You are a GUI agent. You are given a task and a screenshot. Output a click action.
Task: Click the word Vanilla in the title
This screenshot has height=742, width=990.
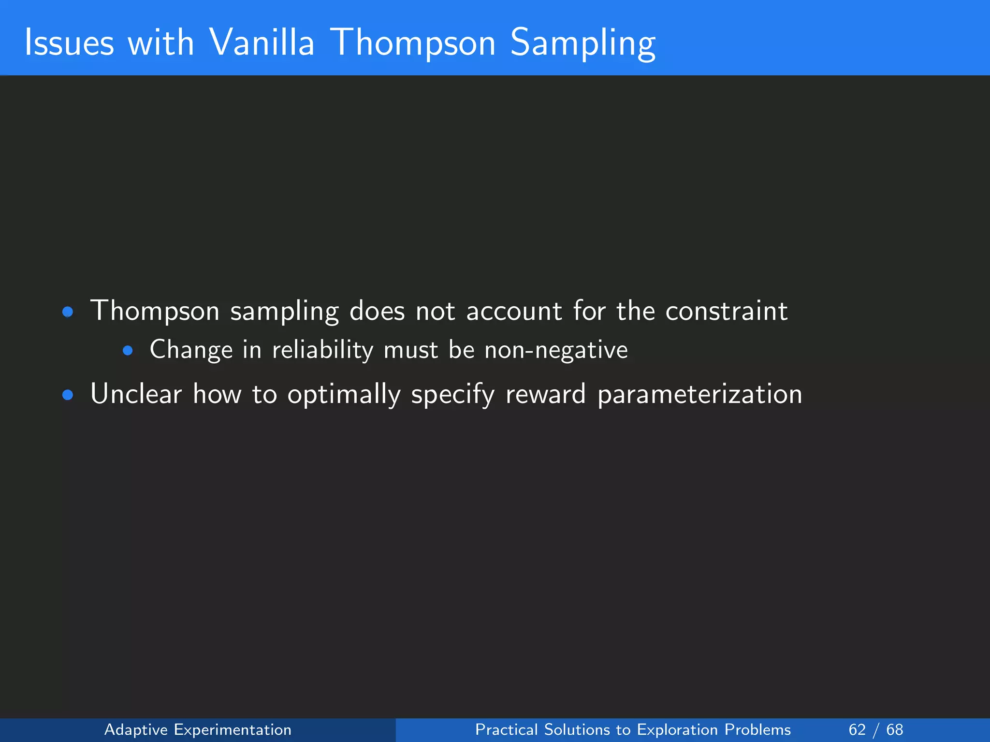(x=262, y=43)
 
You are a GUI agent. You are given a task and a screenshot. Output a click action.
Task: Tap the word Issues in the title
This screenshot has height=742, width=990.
(x=69, y=43)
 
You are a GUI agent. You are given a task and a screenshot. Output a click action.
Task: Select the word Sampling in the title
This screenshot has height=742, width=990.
(x=582, y=43)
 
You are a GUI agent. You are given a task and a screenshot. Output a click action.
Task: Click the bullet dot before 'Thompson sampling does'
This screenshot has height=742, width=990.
(x=68, y=312)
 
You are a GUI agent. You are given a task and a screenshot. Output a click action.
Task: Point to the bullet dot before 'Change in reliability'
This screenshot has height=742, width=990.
(x=128, y=351)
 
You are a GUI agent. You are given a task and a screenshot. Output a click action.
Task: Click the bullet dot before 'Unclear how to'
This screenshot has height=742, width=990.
(x=68, y=396)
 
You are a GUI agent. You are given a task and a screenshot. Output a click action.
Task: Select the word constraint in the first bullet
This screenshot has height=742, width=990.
(x=726, y=311)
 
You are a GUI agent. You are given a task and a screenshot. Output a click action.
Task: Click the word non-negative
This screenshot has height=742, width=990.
(x=556, y=350)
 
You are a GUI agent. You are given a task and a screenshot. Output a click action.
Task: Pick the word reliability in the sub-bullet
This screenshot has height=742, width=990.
(x=322, y=350)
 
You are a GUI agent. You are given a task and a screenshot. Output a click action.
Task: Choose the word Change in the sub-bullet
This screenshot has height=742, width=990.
(x=191, y=350)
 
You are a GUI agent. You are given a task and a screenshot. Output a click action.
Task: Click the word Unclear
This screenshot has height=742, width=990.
(x=136, y=394)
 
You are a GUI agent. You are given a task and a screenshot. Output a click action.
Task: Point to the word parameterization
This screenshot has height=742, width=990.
(x=699, y=395)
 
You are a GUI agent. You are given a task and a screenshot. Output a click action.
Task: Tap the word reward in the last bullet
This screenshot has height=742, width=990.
(x=545, y=394)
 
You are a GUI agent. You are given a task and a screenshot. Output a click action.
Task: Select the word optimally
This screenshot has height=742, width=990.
(x=344, y=395)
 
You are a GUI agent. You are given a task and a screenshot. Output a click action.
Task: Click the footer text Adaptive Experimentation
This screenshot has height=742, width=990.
(x=198, y=729)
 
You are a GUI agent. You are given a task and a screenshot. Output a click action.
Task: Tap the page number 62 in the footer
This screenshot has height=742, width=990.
(x=857, y=729)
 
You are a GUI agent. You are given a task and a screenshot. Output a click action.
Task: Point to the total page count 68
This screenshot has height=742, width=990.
(x=894, y=729)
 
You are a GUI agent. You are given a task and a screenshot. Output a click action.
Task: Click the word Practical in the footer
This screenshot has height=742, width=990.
(x=506, y=729)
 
